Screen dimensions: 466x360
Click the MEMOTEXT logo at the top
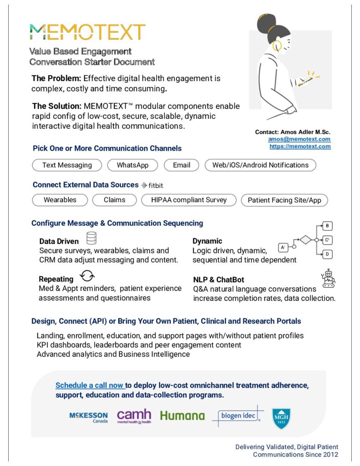tap(87, 32)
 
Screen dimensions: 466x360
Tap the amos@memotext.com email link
tap(299, 139)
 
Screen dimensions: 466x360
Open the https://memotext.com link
tap(300, 147)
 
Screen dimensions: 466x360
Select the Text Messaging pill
tap(67, 165)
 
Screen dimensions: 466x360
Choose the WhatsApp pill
tap(132, 165)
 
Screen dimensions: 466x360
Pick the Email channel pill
tap(182, 165)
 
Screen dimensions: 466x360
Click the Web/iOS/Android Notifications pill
tap(260, 165)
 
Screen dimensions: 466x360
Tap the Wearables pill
tap(60, 200)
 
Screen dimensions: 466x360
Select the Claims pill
tap(115, 200)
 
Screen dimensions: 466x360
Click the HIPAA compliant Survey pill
tap(188, 200)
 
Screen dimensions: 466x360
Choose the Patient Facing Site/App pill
tap(284, 200)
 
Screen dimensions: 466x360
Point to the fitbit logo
tap(152, 185)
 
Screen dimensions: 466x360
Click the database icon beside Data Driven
tap(91, 238)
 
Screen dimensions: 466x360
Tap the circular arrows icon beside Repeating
tap(86, 276)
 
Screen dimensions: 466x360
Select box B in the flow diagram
tap(327, 226)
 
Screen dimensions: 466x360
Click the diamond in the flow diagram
tap(305, 240)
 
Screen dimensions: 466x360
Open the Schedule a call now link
tap(90, 385)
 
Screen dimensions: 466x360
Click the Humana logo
tap(182, 415)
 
